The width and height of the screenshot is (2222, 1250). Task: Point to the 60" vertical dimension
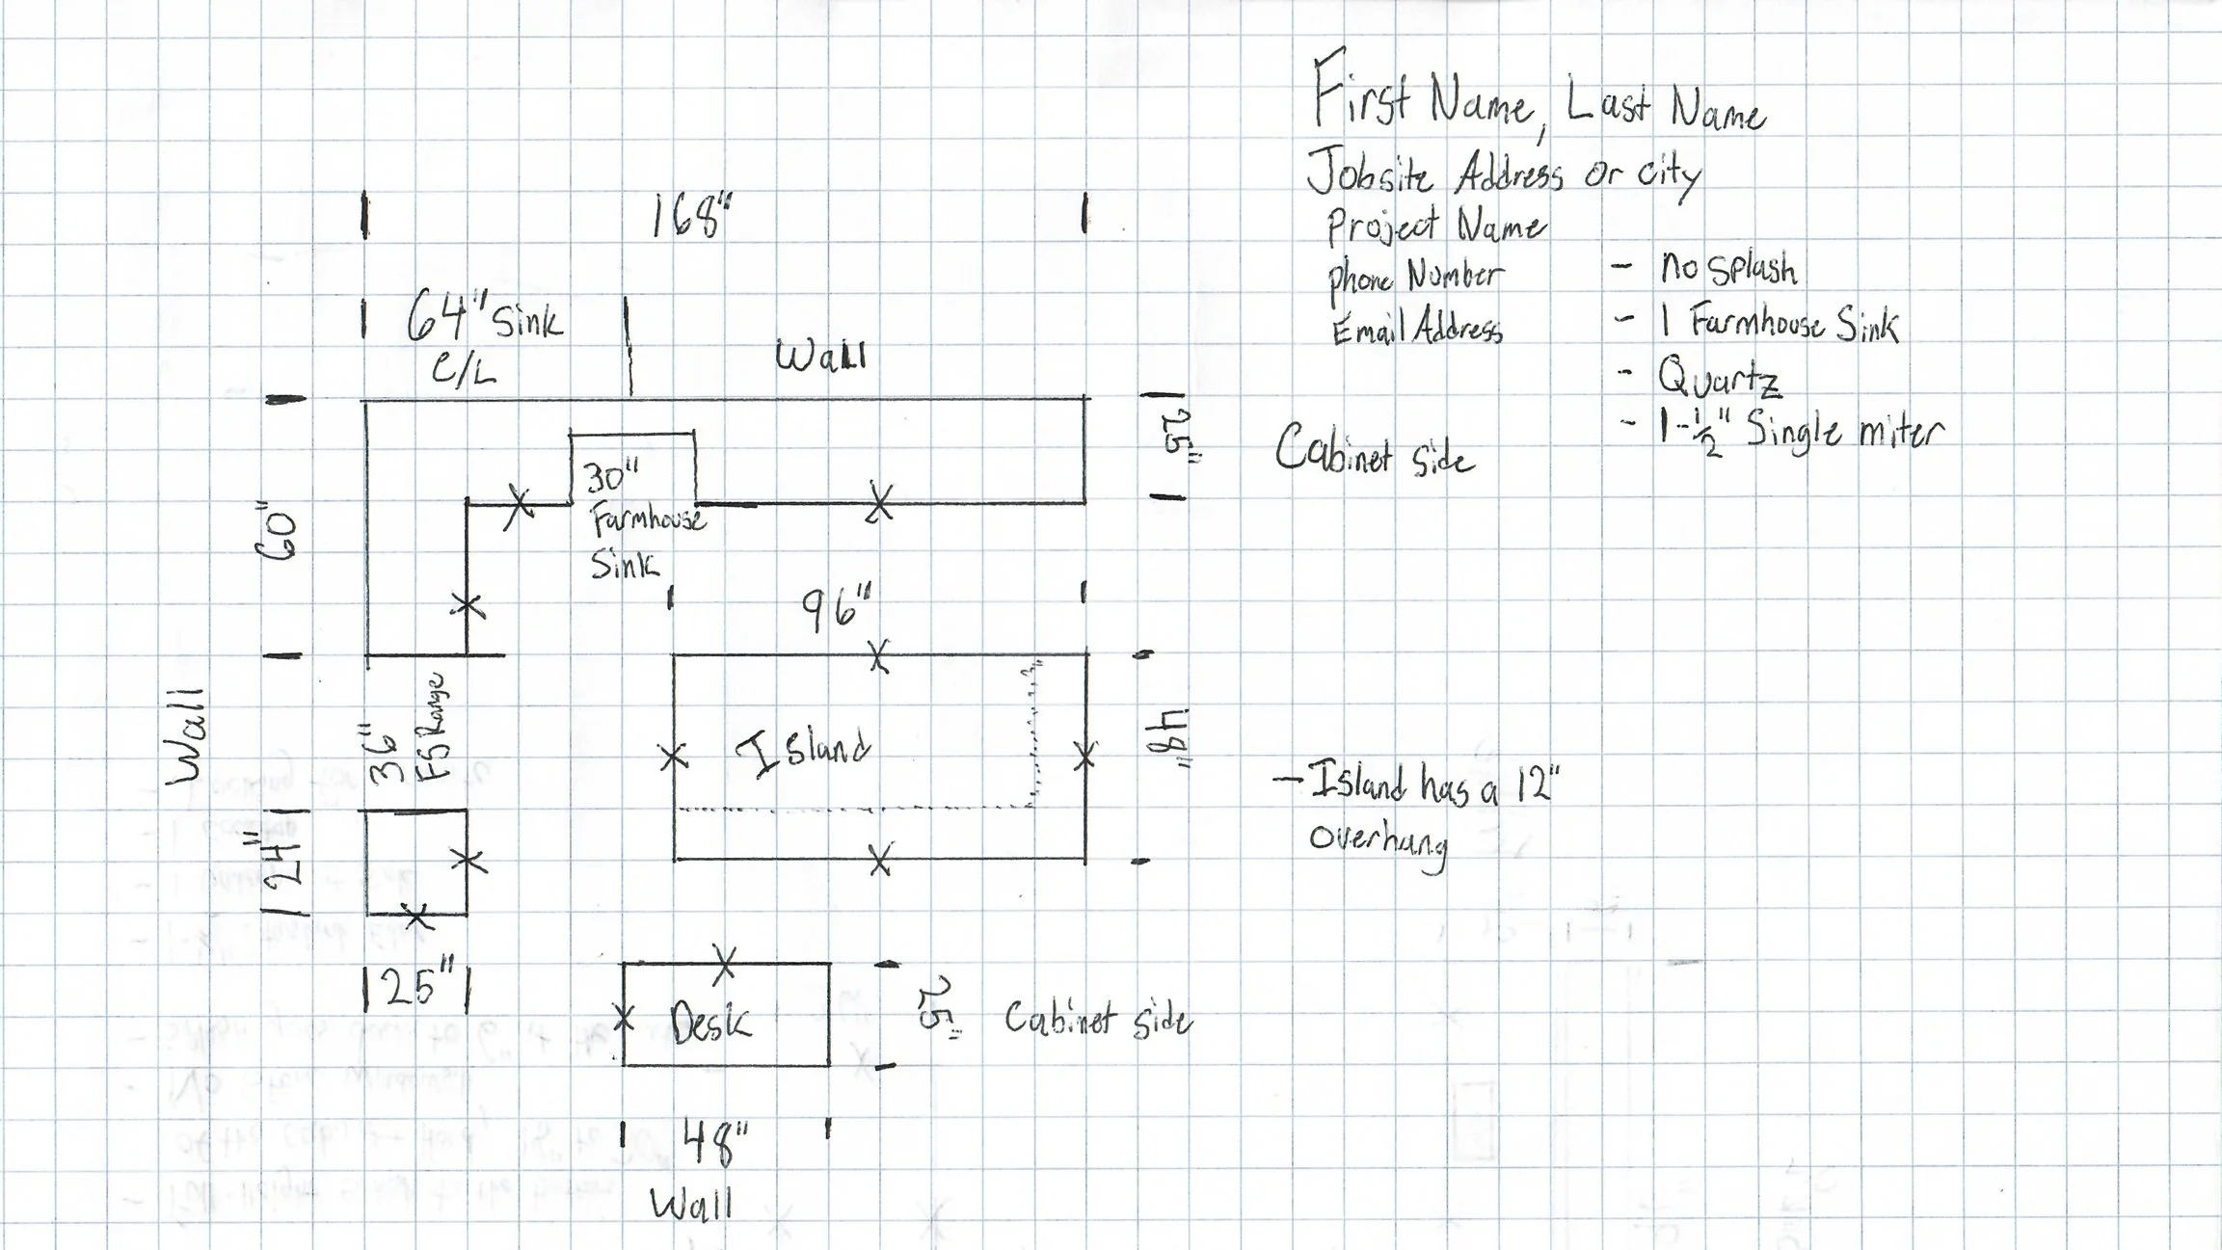click(x=278, y=533)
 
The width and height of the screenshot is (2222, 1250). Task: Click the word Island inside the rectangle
click(x=803, y=752)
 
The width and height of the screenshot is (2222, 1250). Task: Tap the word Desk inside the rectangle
click(x=710, y=1022)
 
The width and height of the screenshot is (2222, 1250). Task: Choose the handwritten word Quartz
click(x=1719, y=379)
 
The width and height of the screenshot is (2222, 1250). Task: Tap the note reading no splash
click(x=1727, y=268)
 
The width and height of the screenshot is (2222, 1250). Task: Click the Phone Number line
click(x=1414, y=278)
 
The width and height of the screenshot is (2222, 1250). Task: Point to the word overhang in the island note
click(x=1379, y=840)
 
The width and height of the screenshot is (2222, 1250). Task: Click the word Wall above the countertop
click(x=821, y=357)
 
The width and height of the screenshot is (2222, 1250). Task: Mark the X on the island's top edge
click(x=878, y=656)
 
